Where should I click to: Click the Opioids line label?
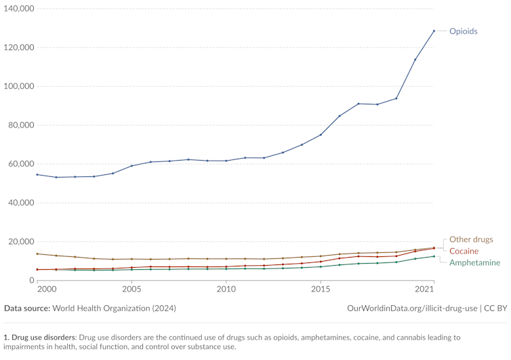[x=464, y=31]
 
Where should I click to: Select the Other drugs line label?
[x=471, y=239]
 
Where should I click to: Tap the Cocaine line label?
[x=464, y=251]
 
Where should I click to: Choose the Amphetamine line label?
[x=474, y=262]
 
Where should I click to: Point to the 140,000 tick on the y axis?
[x=18, y=9]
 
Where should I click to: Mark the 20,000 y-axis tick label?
[x=20, y=242]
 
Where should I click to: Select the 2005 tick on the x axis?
[x=131, y=289]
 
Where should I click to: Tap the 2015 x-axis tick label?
[x=321, y=289]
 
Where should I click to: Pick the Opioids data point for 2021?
[x=434, y=31]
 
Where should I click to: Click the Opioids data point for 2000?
[x=37, y=174]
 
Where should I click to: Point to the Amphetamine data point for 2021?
[x=434, y=256]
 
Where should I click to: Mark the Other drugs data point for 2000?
[x=37, y=254]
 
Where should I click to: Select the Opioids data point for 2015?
[x=321, y=135]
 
